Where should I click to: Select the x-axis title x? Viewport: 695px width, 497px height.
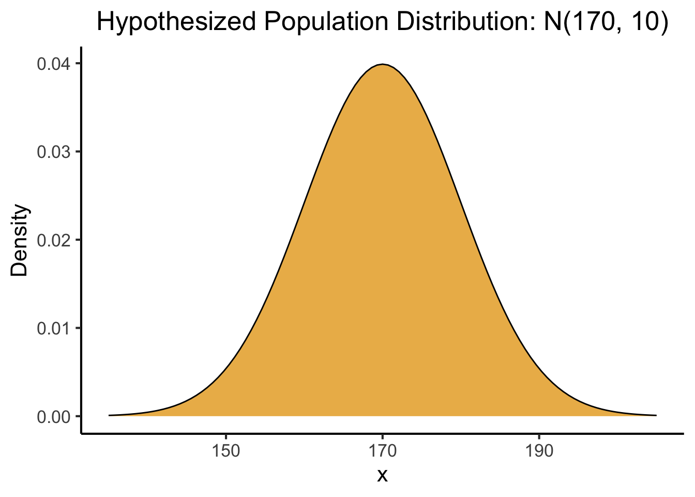pyautogui.click(x=382, y=475)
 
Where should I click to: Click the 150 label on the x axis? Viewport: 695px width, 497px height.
pyautogui.click(x=226, y=450)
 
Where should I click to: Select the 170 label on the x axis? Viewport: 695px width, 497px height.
pyautogui.click(x=382, y=450)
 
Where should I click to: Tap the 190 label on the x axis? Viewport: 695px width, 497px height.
pyautogui.click(x=539, y=450)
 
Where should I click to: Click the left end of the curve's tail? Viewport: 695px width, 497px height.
pyautogui.click(x=109, y=415)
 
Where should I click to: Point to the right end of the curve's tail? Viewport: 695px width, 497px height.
pyautogui.click(x=656, y=415)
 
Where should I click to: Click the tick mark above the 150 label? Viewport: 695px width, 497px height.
pyautogui.click(x=226, y=435)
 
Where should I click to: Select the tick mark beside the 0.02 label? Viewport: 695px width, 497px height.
pyautogui.click(x=78, y=240)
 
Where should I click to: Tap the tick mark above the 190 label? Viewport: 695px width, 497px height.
pyautogui.click(x=539, y=435)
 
